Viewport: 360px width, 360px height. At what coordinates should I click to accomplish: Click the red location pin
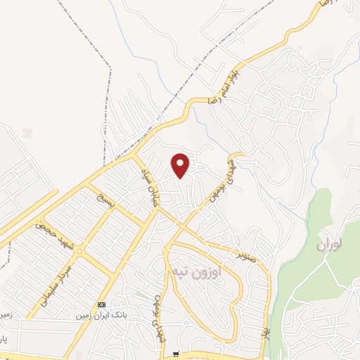(x=181, y=165)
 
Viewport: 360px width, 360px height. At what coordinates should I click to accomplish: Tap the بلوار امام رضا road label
(x=226, y=84)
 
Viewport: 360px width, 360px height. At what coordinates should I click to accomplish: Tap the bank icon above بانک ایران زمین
(x=102, y=304)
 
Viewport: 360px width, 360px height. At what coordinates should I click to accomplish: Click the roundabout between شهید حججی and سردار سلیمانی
(x=80, y=250)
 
